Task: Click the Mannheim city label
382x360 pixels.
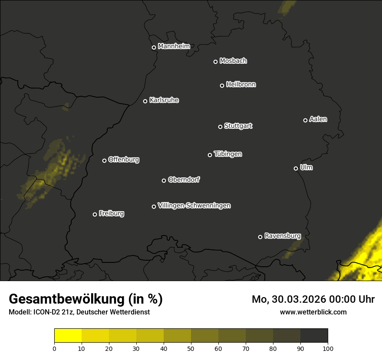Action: click(x=174, y=46)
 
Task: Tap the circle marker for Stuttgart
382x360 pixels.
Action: click(x=220, y=127)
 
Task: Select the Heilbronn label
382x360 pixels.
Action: click(x=241, y=85)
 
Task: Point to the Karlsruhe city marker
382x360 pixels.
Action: click(x=145, y=101)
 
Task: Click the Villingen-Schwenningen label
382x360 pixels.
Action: click(x=194, y=206)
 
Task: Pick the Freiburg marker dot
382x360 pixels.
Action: click(x=95, y=214)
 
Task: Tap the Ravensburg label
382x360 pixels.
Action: click(x=282, y=236)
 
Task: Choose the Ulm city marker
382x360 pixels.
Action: click(x=296, y=168)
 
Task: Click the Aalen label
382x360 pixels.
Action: click(x=318, y=119)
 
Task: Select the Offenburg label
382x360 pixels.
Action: click(x=124, y=160)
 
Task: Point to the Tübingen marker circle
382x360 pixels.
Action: click(x=210, y=155)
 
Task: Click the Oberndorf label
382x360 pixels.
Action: click(x=184, y=180)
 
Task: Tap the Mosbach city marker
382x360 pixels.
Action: click(x=215, y=62)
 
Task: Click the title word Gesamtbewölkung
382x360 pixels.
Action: click(x=67, y=299)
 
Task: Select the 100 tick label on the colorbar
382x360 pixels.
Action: click(x=328, y=348)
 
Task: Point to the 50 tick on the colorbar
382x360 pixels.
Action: click(x=191, y=348)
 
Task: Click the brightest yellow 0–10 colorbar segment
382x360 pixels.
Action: click(x=68, y=336)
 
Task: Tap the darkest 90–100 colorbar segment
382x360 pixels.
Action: click(x=314, y=336)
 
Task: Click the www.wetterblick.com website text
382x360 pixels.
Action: click(x=313, y=312)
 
